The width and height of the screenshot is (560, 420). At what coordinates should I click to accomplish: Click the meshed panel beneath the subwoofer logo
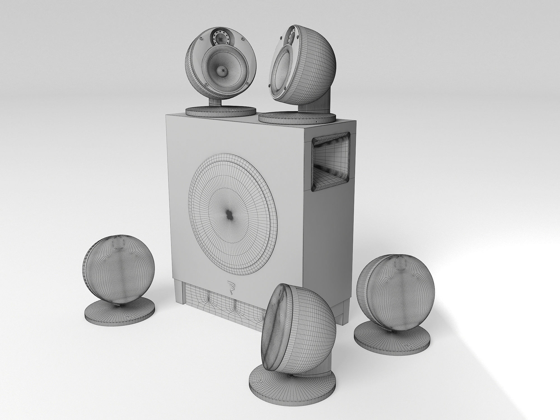tap(221, 305)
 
